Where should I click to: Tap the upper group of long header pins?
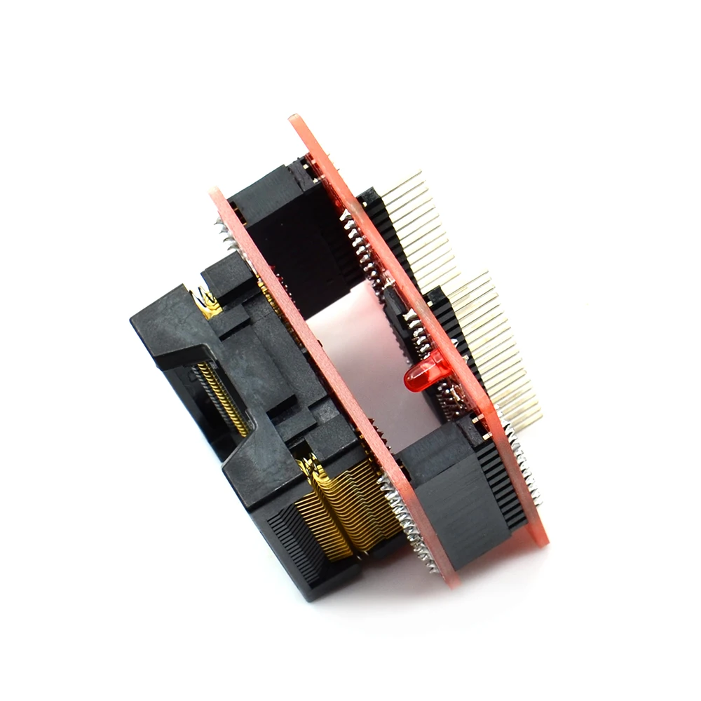[414, 210]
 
